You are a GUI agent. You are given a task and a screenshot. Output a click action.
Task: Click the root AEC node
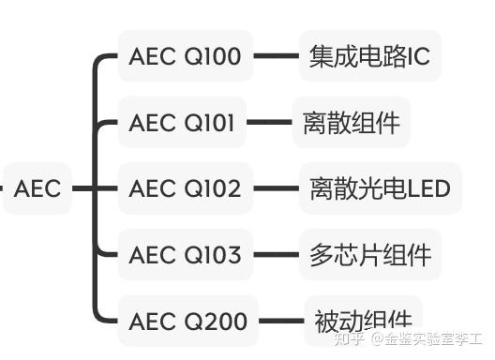point(37,188)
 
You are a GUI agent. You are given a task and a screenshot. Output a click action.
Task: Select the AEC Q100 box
point(185,56)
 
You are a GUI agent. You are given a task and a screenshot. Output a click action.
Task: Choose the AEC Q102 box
point(185,188)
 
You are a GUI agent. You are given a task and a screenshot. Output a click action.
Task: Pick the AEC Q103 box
point(185,255)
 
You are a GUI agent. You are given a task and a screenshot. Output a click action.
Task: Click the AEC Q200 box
point(187,322)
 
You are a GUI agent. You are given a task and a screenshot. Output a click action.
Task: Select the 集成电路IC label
point(369,56)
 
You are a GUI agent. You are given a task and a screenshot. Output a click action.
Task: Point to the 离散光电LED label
point(380,188)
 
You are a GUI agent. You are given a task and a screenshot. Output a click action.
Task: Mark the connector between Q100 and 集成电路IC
point(275,56)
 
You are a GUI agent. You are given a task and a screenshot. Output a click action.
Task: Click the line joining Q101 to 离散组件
point(269,123)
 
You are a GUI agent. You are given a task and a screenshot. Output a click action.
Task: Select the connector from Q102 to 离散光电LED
point(275,188)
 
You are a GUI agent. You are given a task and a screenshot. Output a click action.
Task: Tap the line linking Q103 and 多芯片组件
point(275,255)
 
